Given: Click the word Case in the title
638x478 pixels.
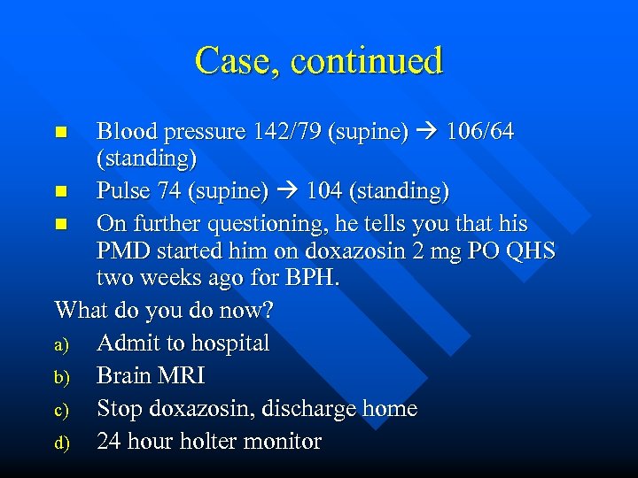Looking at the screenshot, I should [235, 61].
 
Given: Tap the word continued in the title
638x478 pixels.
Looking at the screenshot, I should [366, 61].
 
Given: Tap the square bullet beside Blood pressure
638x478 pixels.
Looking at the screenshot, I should [60, 133].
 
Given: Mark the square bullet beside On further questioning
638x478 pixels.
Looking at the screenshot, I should [60, 224].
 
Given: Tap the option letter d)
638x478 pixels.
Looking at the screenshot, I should [62, 442].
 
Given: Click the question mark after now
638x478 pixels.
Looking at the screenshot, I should [268, 311].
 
